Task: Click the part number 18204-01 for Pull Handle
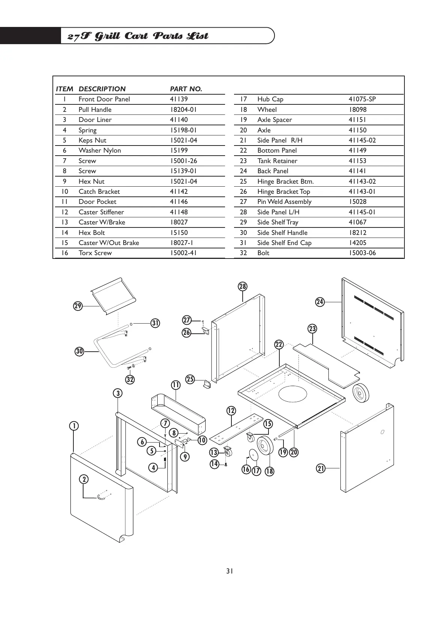(x=183, y=110)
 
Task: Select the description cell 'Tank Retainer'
(x=277, y=161)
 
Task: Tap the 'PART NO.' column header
(x=186, y=89)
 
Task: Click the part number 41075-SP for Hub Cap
(x=362, y=99)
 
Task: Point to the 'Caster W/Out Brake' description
(x=109, y=243)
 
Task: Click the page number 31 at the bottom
(x=230, y=571)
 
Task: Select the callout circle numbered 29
(x=78, y=306)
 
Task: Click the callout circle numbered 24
(x=319, y=302)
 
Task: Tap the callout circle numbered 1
(x=74, y=426)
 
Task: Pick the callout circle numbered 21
(x=321, y=468)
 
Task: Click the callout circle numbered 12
(x=231, y=411)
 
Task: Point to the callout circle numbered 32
(x=130, y=380)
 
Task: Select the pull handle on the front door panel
(x=102, y=496)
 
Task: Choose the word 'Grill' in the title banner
(x=107, y=36)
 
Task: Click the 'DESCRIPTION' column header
(x=102, y=89)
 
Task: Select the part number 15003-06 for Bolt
(x=362, y=253)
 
